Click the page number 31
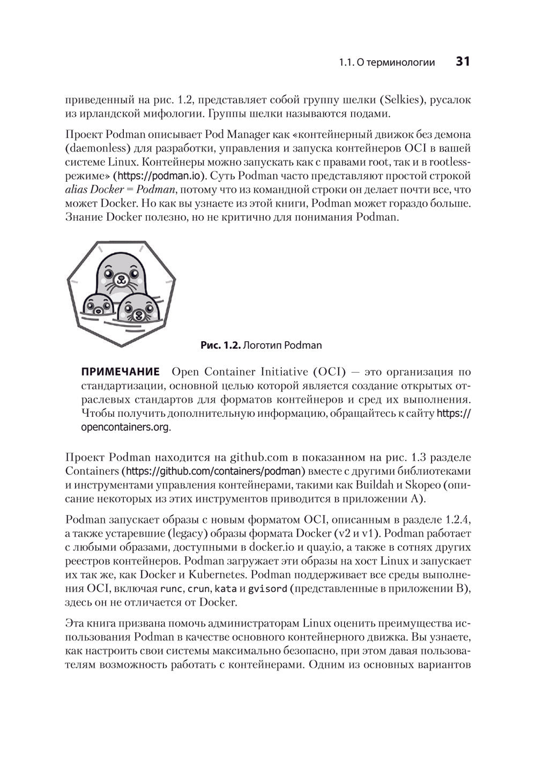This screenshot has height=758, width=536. pos(462,62)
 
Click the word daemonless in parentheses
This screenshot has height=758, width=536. pos(94,148)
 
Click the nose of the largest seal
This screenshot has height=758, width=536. pos(121,278)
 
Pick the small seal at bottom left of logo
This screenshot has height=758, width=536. pos(97,307)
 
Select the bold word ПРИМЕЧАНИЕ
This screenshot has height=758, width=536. pos(120,372)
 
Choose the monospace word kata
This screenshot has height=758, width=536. pos(226,588)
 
